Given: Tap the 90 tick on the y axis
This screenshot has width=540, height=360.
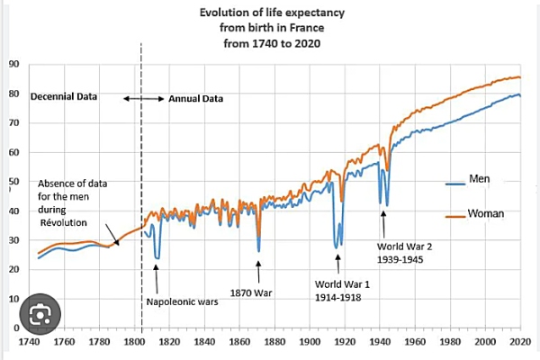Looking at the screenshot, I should coord(13,64).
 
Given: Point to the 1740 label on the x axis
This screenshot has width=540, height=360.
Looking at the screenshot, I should coord(31,343).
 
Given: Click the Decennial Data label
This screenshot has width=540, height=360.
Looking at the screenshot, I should coord(64,97).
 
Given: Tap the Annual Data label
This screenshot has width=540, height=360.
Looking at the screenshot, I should coord(195,97).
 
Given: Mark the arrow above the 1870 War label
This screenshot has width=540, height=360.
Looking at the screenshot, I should coord(259,270).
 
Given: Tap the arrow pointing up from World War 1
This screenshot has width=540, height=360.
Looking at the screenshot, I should coord(338,263).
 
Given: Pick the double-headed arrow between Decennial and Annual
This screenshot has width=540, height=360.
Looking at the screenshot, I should coord(142,97).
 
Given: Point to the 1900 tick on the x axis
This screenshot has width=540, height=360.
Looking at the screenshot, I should coord(310,343).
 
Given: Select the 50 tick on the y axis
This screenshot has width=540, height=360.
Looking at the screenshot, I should coord(13,182).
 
